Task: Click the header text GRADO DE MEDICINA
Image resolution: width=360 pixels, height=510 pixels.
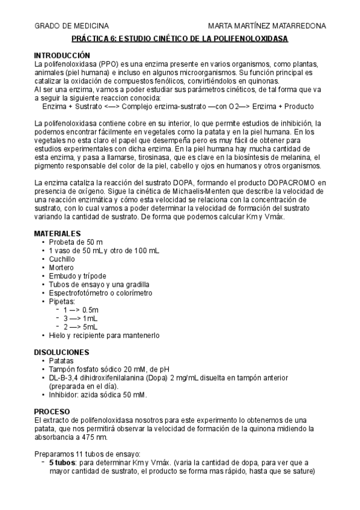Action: click(x=72, y=26)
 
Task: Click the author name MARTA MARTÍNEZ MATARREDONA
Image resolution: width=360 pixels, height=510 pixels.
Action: click(x=267, y=26)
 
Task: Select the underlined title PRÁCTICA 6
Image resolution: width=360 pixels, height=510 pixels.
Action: click(x=180, y=38)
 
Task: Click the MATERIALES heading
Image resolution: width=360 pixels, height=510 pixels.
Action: click(x=57, y=233)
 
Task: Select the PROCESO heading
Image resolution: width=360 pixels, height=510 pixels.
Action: click(x=52, y=411)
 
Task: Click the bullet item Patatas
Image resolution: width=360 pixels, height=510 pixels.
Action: click(x=63, y=360)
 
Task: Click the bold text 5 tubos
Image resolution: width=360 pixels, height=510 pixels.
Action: click(x=63, y=463)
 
